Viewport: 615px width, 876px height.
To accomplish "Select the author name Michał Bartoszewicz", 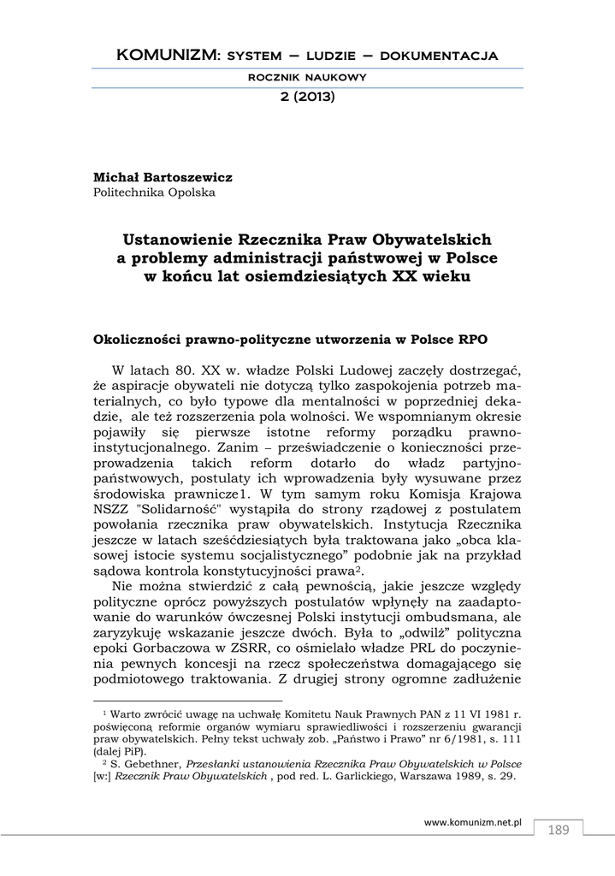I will click(163, 176).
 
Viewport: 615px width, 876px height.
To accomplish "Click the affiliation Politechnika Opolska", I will click(154, 192).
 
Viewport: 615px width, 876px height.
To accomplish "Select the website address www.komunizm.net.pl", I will click(473, 821).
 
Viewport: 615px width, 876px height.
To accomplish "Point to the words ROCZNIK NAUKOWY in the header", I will click(307, 77).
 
